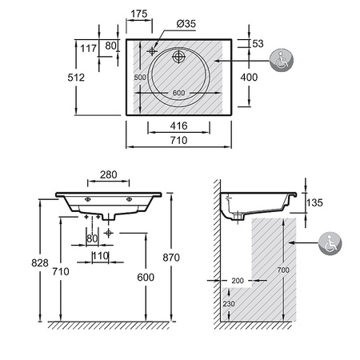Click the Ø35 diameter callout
pyautogui.click(x=186, y=24)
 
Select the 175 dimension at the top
pyautogui.click(x=139, y=14)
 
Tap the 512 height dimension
pyautogui.click(x=76, y=78)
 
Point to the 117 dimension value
pyautogui.click(x=88, y=49)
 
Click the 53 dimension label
pyautogui.click(x=258, y=43)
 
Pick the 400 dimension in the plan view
pyautogui.click(x=249, y=78)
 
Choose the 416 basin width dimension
pyautogui.click(x=178, y=126)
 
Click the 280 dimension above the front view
pyautogui.click(x=109, y=175)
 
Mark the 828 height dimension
pyautogui.click(x=40, y=263)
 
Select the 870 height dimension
pyautogui.click(x=171, y=258)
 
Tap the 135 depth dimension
pyautogui.click(x=314, y=202)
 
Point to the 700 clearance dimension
pyautogui.click(x=283, y=270)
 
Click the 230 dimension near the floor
pyautogui.click(x=229, y=304)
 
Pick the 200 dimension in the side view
pyautogui.click(x=238, y=281)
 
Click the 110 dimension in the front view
pyautogui.click(x=101, y=256)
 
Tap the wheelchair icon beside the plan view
pyautogui.click(x=281, y=60)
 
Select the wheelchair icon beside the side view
pyautogui.click(x=330, y=243)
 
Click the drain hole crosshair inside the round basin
pyautogui.click(x=178, y=56)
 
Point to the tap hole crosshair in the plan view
pyautogui.click(x=152, y=51)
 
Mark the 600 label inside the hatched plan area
pyautogui.click(x=178, y=93)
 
